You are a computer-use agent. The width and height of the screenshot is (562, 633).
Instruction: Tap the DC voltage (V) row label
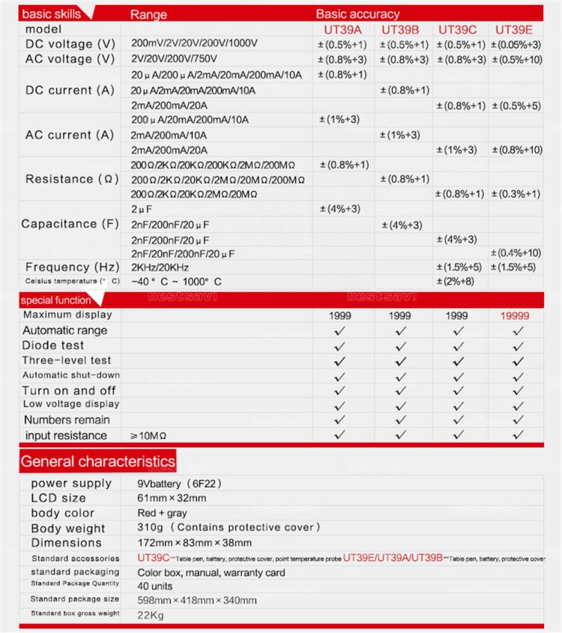pyautogui.click(x=70, y=43)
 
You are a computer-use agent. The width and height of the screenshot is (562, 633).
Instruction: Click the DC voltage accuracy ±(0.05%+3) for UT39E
pyautogui.click(x=516, y=44)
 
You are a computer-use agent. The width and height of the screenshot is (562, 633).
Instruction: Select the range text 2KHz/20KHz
pyautogui.click(x=160, y=267)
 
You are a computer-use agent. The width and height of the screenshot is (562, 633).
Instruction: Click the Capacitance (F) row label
pyautogui.click(x=70, y=223)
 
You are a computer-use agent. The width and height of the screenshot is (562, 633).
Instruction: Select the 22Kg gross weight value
pyautogui.click(x=150, y=614)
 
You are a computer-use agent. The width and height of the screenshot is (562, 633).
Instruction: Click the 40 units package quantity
pyautogui.click(x=155, y=586)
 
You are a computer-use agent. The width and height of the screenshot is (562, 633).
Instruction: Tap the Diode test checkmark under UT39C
pyautogui.click(x=459, y=345)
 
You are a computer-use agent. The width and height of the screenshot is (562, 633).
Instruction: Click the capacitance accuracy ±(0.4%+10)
pyautogui.click(x=516, y=252)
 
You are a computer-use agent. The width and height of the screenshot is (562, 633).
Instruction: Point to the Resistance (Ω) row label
pyautogui.click(x=70, y=179)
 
